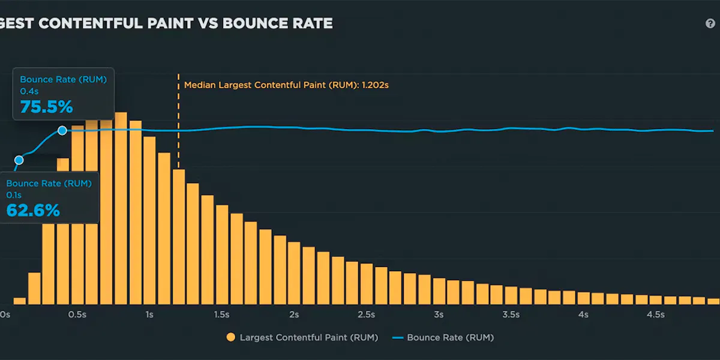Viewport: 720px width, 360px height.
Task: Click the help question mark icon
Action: point(710,24)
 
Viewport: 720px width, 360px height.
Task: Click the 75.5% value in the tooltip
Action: point(47,107)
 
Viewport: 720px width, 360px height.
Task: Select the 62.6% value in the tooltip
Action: point(33,211)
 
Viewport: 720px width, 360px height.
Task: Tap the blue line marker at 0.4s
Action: point(62,130)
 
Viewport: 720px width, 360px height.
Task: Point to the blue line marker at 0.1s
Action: point(19,160)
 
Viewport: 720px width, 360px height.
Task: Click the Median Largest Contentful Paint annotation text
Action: point(286,85)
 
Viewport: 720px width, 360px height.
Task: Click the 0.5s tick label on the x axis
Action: point(77,315)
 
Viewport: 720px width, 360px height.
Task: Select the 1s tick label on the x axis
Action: point(149,315)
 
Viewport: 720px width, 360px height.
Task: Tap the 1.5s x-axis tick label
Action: point(221,315)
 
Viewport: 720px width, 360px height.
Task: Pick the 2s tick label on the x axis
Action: point(294,315)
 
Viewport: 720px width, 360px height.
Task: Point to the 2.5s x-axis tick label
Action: point(366,315)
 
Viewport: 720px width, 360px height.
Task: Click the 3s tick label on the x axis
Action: point(439,315)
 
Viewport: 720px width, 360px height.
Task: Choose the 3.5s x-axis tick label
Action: point(511,315)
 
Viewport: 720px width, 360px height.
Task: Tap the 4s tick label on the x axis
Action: point(583,315)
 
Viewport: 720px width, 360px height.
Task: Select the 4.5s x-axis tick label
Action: point(655,315)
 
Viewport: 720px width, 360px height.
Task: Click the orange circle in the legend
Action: point(230,338)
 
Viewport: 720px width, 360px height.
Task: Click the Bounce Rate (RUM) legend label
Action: point(450,338)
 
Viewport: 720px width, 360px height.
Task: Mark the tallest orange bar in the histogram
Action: point(121,210)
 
